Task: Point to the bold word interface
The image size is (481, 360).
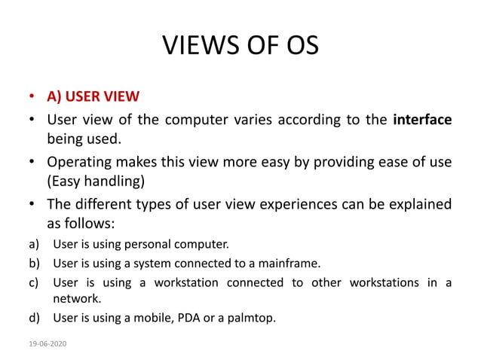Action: (x=422, y=120)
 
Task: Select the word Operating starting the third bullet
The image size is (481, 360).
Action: (x=79, y=162)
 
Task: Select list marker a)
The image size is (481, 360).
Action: (x=34, y=244)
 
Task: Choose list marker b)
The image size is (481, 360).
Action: (x=34, y=263)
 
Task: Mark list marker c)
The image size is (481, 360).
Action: (x=34, y=282)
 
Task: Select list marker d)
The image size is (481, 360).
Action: (x=34, y=317)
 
